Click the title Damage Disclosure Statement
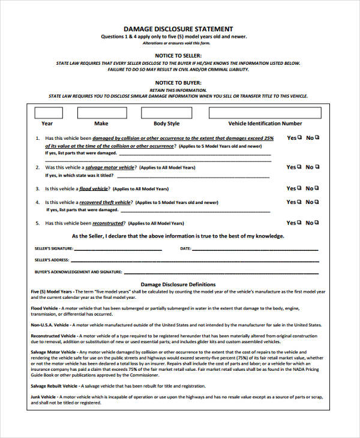(x=178, y=29)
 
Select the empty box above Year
(x=48, y=113)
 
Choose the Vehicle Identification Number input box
(x=265, y=113)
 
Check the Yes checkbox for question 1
(x=300, y=137)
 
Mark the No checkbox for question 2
(x=317, y=167)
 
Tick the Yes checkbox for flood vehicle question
(x=300, y=188)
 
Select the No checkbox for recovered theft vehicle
(x=317, y=202)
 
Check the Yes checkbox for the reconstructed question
(x=300, y=223)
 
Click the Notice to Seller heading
(x=178, y=56)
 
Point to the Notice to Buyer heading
(x=178, y=82)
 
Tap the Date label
(x=185, y=248)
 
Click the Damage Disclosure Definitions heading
(x=178, y=284)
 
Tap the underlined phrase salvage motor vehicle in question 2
(x=110, y=167)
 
